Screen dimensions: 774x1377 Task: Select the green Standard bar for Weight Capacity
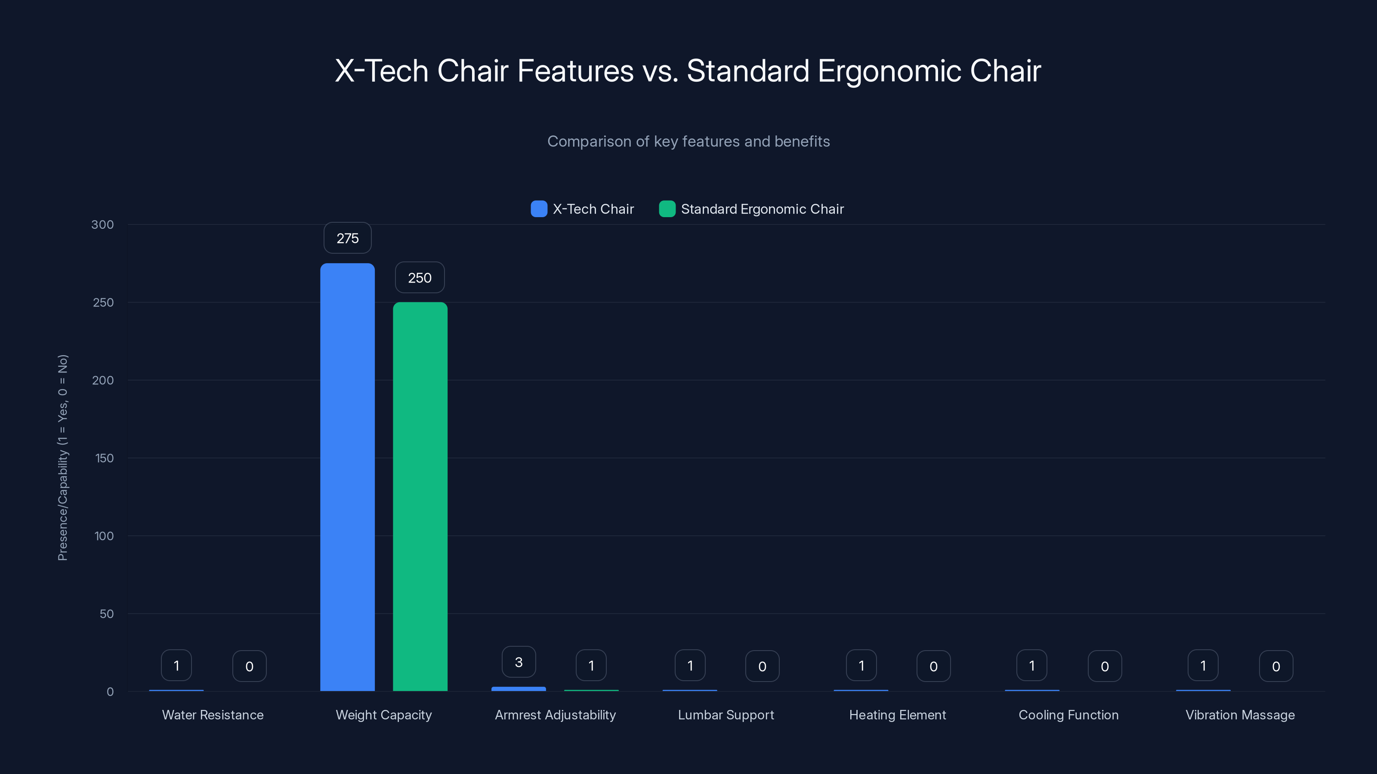coord(420,497)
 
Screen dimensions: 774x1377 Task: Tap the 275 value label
coord(347,238)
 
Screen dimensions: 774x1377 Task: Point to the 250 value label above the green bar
coord(420,278)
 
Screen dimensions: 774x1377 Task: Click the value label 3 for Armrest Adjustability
coord(519,662)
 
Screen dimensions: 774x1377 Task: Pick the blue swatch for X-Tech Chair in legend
coord(539,209)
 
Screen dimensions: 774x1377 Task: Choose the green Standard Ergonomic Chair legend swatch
coord(667,209)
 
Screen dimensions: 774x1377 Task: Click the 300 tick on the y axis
coord(103,225)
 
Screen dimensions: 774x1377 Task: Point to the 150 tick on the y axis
coord(104,458)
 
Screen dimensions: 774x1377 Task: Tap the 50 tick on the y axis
coord(106,614)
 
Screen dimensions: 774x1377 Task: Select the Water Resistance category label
coord(213,715)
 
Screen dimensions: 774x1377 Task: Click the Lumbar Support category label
coord(726,715)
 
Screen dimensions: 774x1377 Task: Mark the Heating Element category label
coord(898,715)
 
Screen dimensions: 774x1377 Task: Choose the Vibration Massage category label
coord(1240,715)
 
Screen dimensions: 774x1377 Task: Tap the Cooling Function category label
coord(1068,715)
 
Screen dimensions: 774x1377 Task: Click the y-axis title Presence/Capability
coord(62,458)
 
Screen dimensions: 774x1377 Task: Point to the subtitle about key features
coord(688,141)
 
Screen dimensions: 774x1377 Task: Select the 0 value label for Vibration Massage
coord(1276,666)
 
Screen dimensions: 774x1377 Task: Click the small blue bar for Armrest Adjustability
coord(519,689)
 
